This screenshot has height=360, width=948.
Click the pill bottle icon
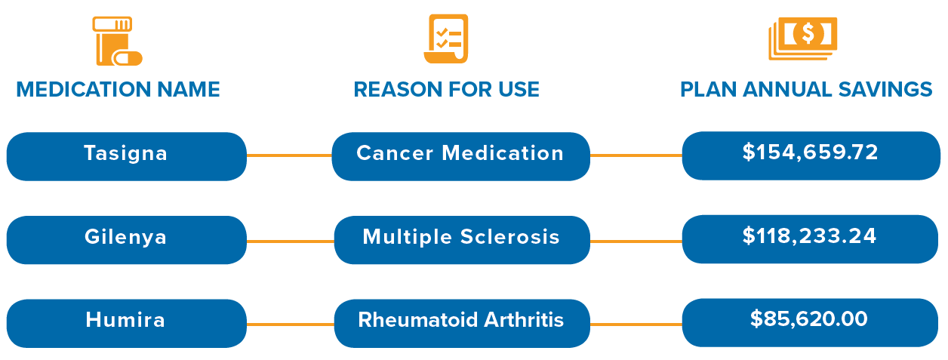115,41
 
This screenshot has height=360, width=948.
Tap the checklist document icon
446,38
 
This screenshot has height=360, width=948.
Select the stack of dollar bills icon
803,38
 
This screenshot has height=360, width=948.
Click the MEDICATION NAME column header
118,90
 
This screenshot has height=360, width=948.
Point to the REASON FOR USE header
447,90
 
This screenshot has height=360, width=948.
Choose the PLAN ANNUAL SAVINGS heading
806,90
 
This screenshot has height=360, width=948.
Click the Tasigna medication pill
127,156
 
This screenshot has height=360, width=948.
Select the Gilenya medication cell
127,240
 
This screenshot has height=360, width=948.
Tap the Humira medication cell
127,324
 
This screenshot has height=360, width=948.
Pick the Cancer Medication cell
461,156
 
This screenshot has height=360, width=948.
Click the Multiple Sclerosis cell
462,240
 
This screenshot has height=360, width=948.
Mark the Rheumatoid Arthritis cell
462,324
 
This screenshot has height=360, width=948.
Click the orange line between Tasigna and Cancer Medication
290,155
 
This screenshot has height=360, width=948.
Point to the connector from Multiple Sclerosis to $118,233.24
636,242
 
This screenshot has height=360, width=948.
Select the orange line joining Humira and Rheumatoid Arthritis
291,325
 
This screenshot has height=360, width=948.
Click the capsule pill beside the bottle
127,58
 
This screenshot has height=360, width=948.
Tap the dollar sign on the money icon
808,33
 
